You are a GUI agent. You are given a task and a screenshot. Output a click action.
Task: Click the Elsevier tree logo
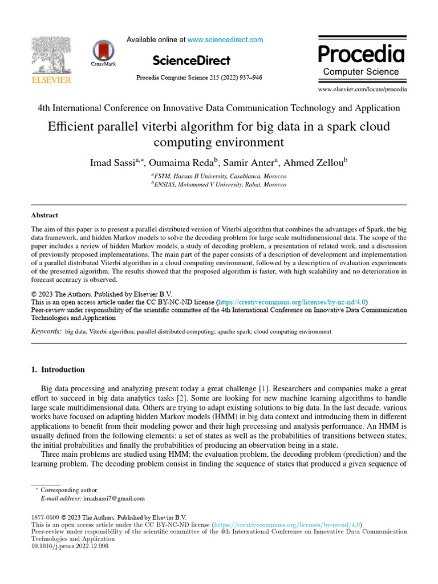point(51,56)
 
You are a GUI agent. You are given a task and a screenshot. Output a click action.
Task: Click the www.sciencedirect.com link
point(225,40)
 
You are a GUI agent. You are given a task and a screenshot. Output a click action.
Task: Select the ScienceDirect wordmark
point(192,60)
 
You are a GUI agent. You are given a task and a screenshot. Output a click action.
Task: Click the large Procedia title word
point(361,54)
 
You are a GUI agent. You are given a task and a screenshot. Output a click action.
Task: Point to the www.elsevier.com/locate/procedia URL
point(362,90)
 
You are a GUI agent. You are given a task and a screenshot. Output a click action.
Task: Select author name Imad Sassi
point(111,163)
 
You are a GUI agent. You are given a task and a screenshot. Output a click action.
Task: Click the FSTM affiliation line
point(219,176)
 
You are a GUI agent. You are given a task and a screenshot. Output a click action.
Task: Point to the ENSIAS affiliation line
point(219,185)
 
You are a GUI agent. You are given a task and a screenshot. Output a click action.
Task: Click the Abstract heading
point(44,215)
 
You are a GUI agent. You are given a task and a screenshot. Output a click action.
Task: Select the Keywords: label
point(46,331)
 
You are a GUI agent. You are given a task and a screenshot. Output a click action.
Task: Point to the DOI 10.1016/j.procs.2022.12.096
point(69,546)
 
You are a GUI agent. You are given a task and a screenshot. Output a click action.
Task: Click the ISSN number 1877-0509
point(44,517)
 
